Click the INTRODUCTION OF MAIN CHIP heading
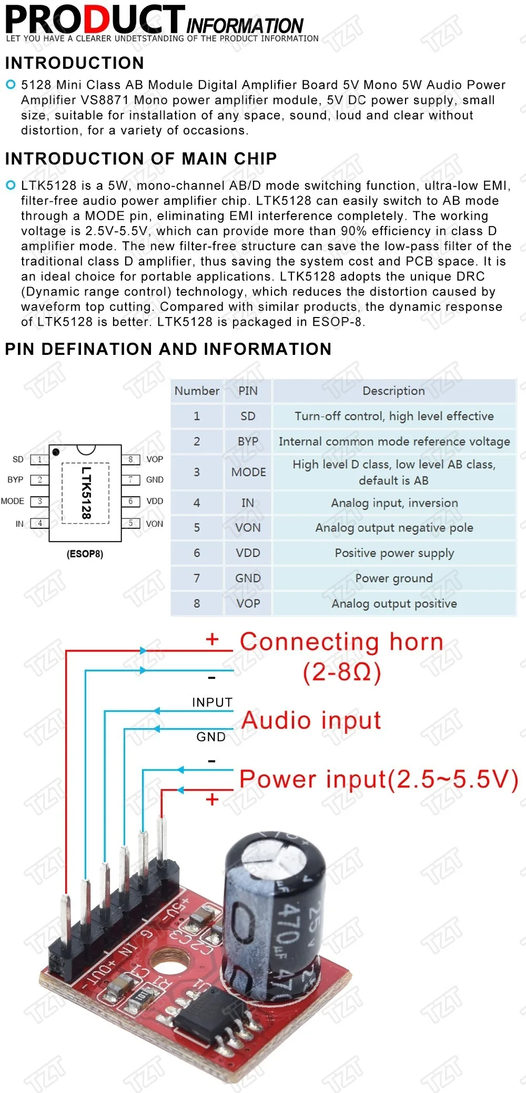pos(141,159)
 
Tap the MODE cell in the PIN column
pos(248,472)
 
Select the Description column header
pos(393,391)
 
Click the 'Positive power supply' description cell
pos(394,553)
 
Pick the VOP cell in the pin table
pos(248,604)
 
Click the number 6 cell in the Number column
pos(197,553)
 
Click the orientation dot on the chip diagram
pos(56,452)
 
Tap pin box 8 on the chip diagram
pos(130,459)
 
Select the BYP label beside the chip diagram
pos(15,479)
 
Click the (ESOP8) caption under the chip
pos(85,554)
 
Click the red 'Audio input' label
pos(311,720)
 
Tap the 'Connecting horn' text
pos(341,642)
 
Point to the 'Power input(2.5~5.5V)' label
pos(378,779)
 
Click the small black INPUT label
pos(212,702)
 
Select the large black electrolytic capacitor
pos(274,915)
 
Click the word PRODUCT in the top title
pos(95,20)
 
